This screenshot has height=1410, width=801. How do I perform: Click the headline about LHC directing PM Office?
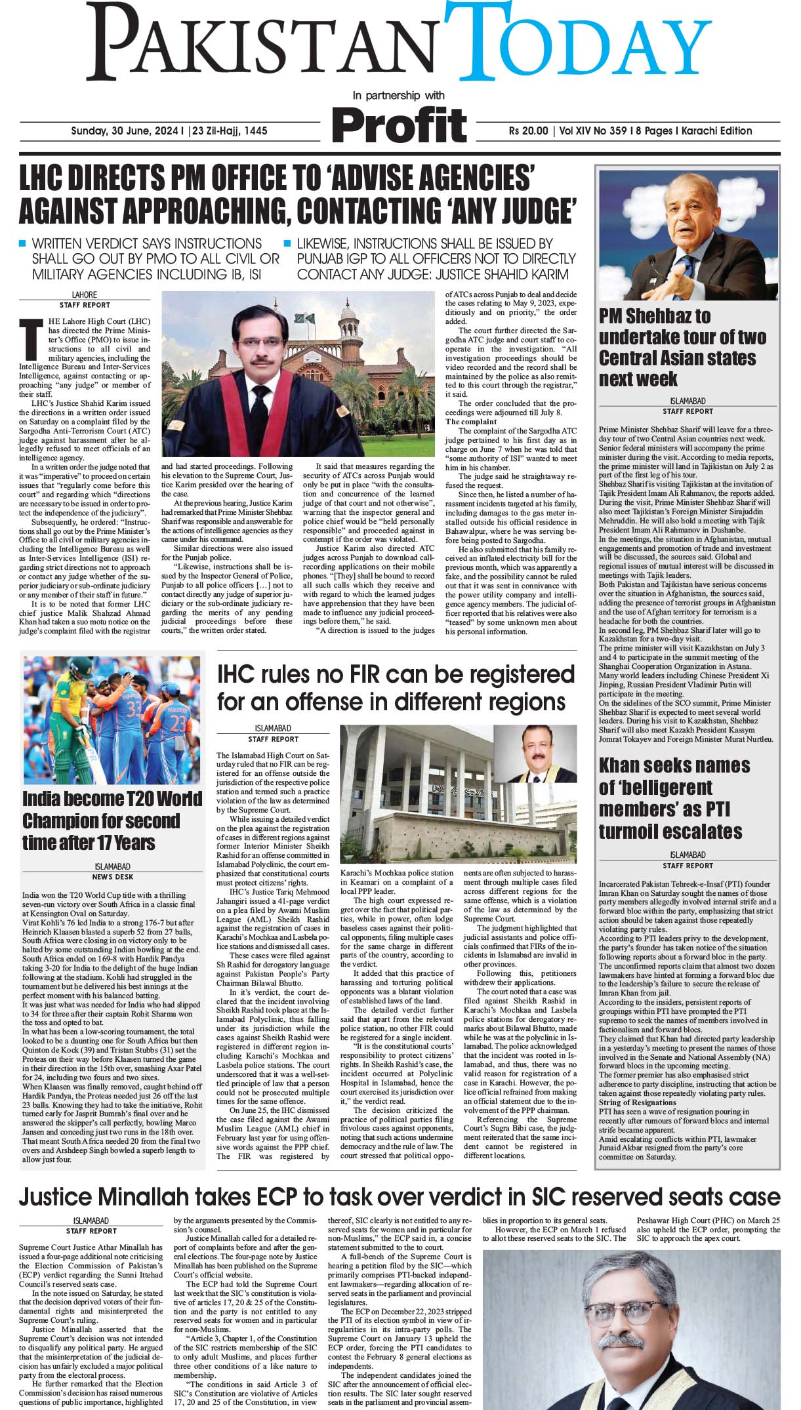[298, 195]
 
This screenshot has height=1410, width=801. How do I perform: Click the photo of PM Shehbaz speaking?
[688, 235]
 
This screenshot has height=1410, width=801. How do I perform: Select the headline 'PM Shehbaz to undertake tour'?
[682, 348]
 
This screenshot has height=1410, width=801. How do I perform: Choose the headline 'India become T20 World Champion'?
[112, 820]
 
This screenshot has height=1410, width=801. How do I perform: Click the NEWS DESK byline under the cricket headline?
[112, 877]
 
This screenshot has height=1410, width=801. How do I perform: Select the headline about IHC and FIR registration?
[396, 687]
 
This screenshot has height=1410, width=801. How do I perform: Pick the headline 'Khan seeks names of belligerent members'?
[674, 798]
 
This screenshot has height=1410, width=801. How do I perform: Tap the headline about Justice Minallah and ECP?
[400, 1196]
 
